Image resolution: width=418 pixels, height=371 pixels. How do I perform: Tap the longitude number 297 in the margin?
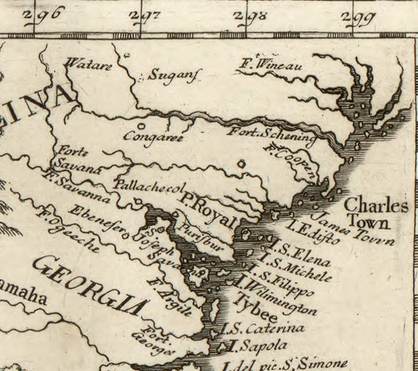coord(145,16)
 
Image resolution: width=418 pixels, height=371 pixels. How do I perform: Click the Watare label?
coord(88,65)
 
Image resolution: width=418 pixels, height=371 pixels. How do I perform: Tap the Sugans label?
coord(171,75)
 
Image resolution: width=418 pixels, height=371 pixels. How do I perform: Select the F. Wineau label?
coord(271,66)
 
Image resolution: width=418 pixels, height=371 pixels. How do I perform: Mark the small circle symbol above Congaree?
coord(142,126)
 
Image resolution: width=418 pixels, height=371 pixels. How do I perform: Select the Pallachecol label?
coord(151,187)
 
